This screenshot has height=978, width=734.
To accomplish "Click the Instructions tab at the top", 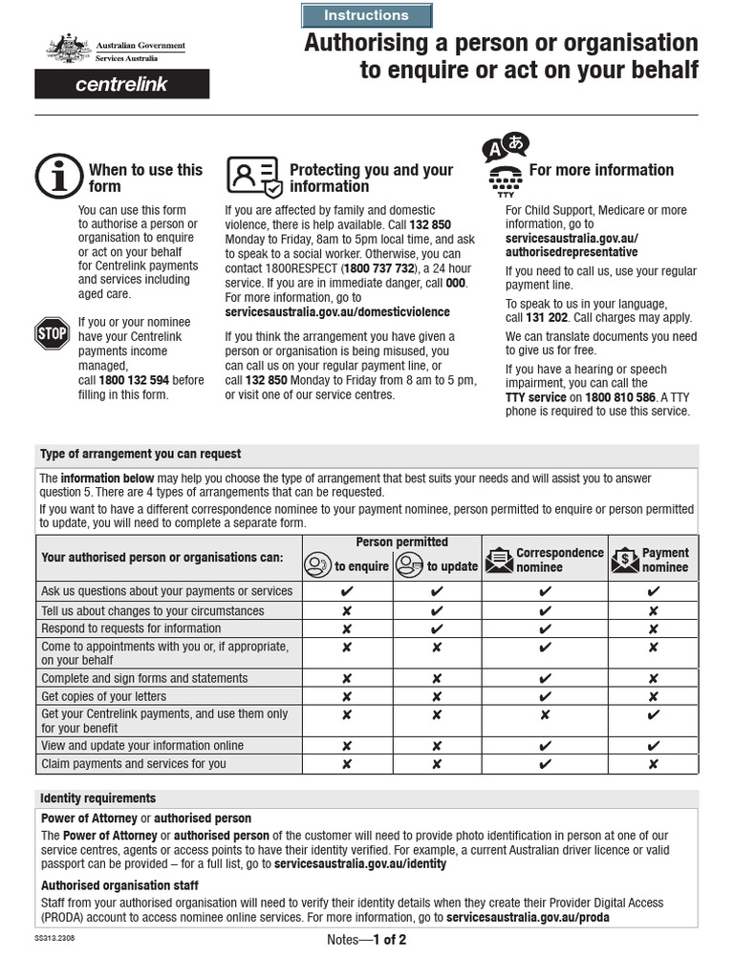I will [x=366, y=15].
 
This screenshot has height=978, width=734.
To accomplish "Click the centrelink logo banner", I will [x=121, y=84].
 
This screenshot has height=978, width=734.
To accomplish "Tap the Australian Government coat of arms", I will [x=65, y=49].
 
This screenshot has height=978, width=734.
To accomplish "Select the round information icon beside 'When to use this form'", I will [x=58, y=177].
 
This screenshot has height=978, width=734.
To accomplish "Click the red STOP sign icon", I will [x=53, y=333].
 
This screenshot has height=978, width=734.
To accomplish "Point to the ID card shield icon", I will [x=253, y=176].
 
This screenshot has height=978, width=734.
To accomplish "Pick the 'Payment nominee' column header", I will [x=653, y=560].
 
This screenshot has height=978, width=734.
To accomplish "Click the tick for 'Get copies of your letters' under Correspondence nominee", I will [x=545, y=696].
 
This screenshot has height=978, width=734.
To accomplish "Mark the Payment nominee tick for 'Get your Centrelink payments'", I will [x=653, y=714].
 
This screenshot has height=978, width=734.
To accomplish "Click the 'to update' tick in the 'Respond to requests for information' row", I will [x=437, y=628].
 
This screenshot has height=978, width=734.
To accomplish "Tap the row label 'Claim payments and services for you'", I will [x=134, y=764].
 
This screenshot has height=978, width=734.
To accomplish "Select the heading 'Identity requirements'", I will [x=98, y=798].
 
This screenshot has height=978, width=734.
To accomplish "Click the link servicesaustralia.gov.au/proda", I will [x=528, y=918].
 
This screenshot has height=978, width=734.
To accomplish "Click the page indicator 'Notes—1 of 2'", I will [x=366, y=940].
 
